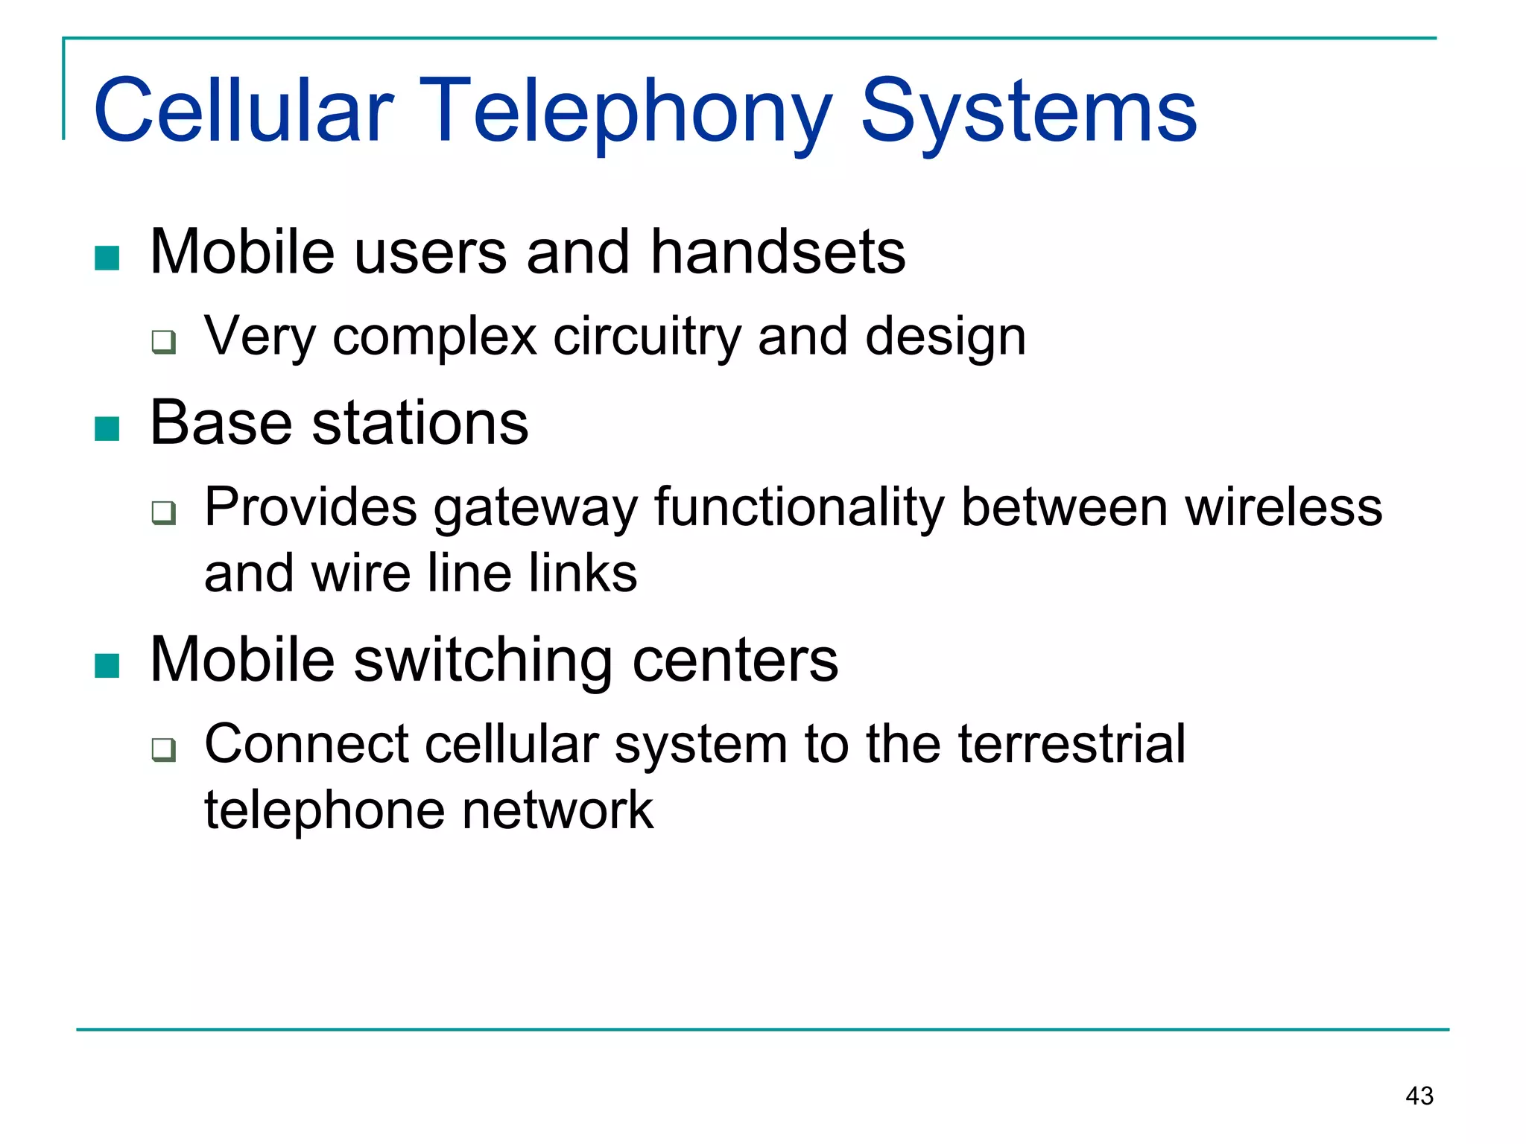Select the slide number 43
click(1419, 1096)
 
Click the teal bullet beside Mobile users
click(107, 258)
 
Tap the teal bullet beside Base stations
click(107, 429)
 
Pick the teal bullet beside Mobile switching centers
click(107, 666)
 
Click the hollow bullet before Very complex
click(164, 342)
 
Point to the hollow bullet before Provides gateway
click(164, 512)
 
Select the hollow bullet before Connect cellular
click(164, 749)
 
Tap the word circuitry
click(647, 337)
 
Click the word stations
click(420, 423)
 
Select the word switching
click(483, 661)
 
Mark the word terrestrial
click(1071, 744)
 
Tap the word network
click(557, 810)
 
